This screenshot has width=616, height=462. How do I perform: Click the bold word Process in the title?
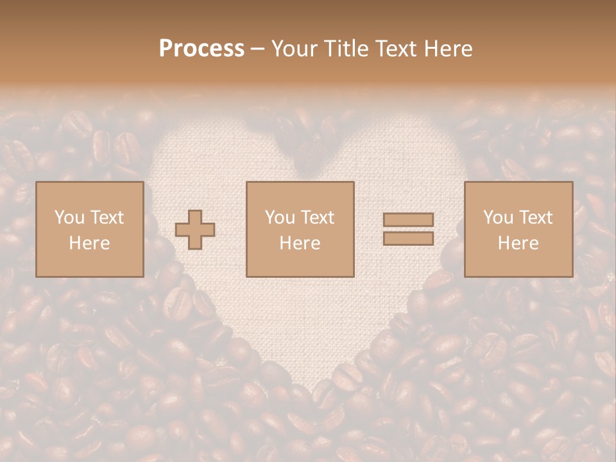[x=201, y=49]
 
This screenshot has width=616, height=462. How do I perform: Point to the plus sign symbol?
[x=195, y=229]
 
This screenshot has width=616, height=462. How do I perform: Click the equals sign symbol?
[x=408, y=229]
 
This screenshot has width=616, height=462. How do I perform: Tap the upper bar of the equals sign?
[x=408, y=220]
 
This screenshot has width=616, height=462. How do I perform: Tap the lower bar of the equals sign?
[x=408, y=239]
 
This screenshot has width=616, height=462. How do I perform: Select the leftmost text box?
[x=89, y=229]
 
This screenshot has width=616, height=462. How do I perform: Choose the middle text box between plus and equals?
[x=300, y=229]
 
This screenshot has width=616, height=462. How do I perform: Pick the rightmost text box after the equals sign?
[x=518, y=229]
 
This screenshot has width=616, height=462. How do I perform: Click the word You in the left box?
[x=68, y=218]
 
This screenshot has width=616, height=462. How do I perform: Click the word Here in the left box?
[x=89, y=243]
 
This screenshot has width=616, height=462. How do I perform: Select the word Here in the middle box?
[x=300, y=243]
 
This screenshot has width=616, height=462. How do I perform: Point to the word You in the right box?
[x=497, y=218]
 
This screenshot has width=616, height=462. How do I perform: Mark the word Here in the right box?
[x=518, y=243]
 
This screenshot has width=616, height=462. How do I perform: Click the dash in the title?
[x=258, y=49]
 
